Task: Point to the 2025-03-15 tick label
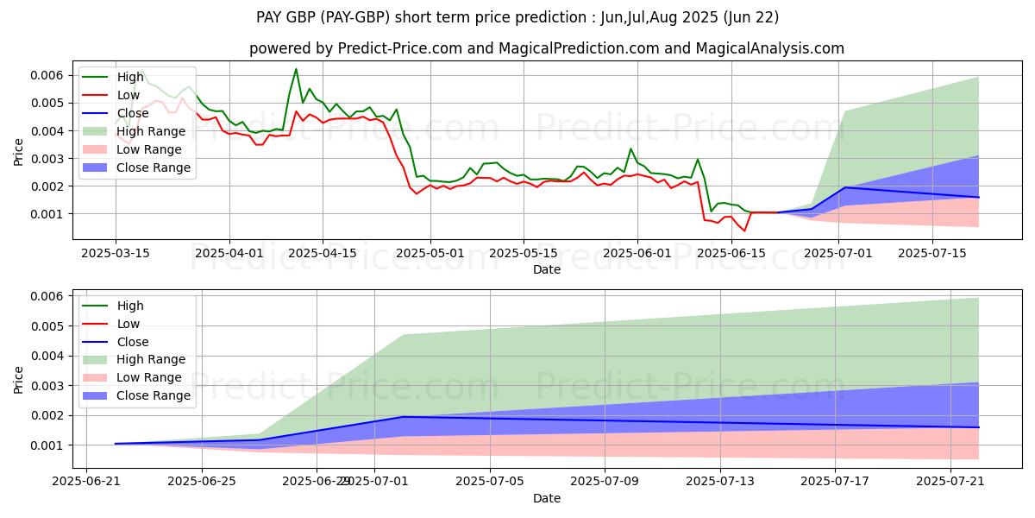tap(116, 253)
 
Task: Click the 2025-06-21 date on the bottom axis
tap(86, 482)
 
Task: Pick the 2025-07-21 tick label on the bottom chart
tap(950, 482)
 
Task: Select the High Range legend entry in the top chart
tap(151, 131)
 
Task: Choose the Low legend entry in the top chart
tap(129, 95)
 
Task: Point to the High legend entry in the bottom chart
tap(130, 306)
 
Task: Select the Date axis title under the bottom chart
tap(547, 499)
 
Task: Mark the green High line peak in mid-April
tap(296, 69)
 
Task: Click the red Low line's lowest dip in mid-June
tap(744, 231)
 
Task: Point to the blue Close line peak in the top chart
tap(844, 187)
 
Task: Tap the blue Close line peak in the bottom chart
tap(404, 417)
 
